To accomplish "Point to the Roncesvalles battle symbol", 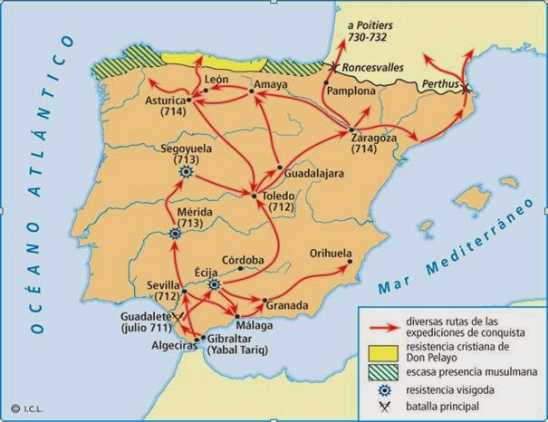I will pyautogui.click(x=334, y=67).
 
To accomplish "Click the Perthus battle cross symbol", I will pyautogui.click(x=466, y=89).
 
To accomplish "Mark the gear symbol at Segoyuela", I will pyautogui.click(x=187, y=171).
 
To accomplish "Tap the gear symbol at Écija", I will pyautogui.click(x=216, y=284).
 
